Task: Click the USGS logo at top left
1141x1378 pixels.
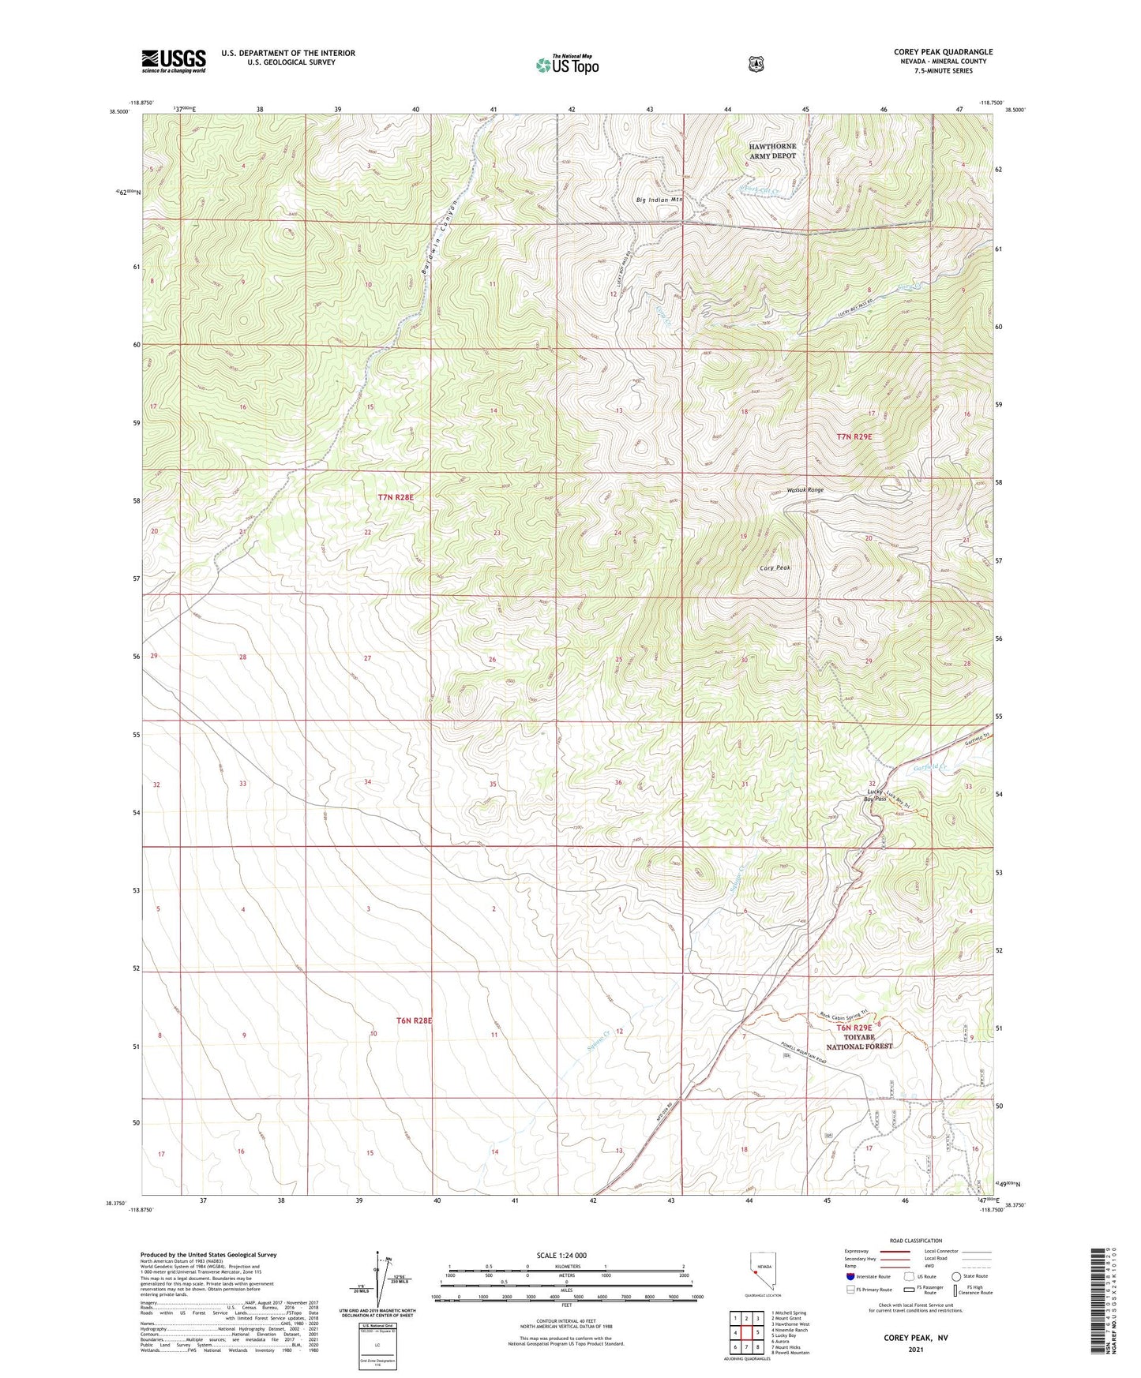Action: [174, 61]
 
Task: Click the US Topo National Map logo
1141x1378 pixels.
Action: [567, 65]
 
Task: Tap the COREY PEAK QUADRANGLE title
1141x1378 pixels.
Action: [943, 52]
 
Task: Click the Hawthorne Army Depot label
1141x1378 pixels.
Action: [772, 151]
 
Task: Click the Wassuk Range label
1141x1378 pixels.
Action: [805, 490]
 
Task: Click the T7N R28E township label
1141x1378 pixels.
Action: [396, 497]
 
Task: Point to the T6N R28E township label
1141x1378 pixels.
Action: [415, 1020]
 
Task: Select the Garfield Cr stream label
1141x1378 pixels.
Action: [929, 767]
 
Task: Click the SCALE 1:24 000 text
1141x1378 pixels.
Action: [561, 1256]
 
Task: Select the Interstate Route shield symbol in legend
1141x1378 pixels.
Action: [850, 1276]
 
